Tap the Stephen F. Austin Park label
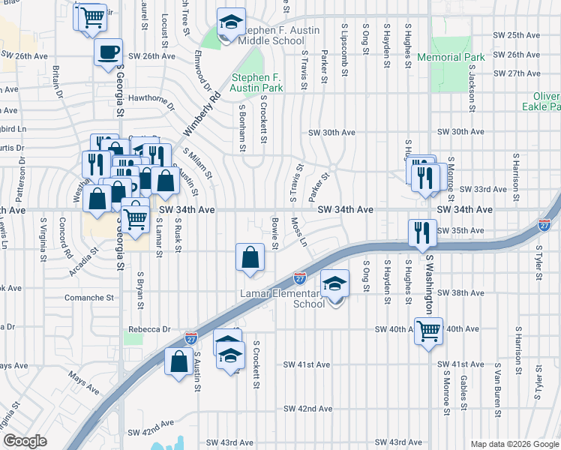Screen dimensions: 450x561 point(257,82)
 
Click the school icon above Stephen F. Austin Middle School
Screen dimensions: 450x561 point(231,24)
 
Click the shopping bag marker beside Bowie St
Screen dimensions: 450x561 point(250,256)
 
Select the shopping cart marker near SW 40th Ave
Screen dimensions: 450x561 point(428,330)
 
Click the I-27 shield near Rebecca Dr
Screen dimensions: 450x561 point(190,338)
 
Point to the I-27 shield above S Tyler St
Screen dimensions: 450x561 point(544,224)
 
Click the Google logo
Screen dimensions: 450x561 point(25,441)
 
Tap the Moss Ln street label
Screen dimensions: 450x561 point(298,232)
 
